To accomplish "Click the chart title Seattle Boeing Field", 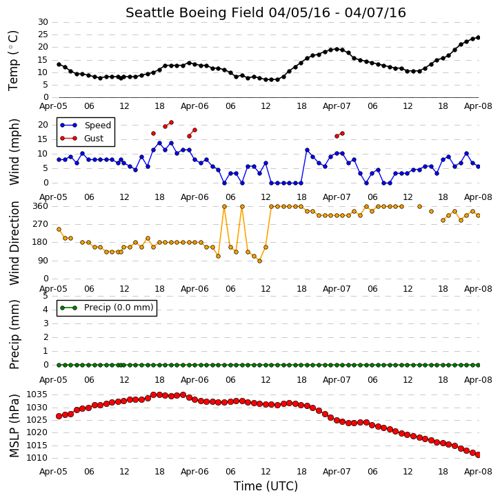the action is tap(195, 12).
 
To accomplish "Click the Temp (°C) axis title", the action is tap(13, 61).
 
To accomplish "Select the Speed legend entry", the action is tap(86, 126).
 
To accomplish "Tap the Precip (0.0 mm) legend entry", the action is tap(107, 308).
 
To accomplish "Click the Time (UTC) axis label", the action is tap(266, 486).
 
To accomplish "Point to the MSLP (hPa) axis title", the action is tap(14, 426).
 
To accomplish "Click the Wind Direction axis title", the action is tap(14, 243).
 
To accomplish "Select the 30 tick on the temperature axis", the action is tap(43, 22).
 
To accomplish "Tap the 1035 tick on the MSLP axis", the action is tap(37, 394).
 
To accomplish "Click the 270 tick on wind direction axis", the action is tap(41, 224).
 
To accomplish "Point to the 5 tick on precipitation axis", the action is tap(46, 296).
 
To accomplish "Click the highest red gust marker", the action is tap(171, 123).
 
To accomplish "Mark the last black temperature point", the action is tap(478, 38).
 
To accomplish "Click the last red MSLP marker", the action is tap(478, 455).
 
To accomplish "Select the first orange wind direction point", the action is tap(59, 229).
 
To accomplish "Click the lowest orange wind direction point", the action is tap(259, 261).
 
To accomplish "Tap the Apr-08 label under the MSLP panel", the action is tap(478, 472).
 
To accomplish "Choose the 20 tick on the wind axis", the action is tap(43, 125).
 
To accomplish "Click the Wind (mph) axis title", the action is tap(14, 152).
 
